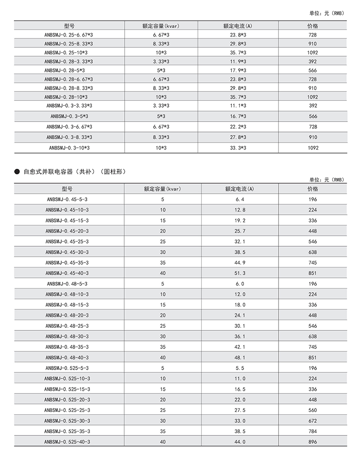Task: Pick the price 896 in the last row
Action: (313, 442)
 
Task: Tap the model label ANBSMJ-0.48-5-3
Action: (67, 284)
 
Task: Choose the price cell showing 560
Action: (313, 410)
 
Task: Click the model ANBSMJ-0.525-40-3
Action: (67, 442)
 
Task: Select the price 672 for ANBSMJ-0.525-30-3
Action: (313, 421)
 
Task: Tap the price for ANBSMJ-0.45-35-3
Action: (313, 262)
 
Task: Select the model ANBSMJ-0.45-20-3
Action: (67, 231)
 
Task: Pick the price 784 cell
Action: (313, 431)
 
